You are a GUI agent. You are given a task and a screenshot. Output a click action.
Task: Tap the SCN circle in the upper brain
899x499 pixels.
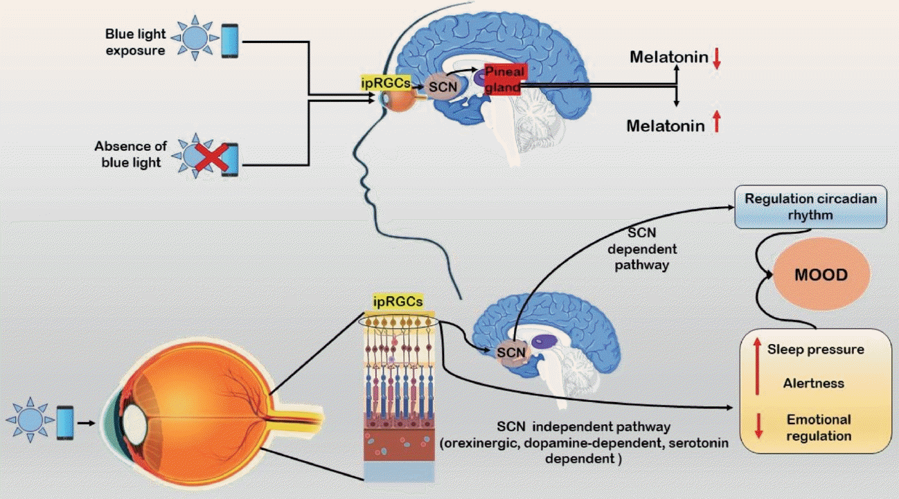[x=438, y=87]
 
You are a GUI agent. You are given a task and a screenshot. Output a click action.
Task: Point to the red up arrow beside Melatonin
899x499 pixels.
[x=717, y=124]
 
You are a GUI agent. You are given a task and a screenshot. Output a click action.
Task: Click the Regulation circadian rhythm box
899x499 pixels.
[x=810, y=206]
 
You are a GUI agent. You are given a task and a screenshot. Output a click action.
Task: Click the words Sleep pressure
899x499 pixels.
[x=815, y=350]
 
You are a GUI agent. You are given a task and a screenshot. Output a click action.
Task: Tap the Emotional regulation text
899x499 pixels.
[x=819, y=428]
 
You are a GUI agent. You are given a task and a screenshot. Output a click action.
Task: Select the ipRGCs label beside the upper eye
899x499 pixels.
[x=385, y=82]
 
